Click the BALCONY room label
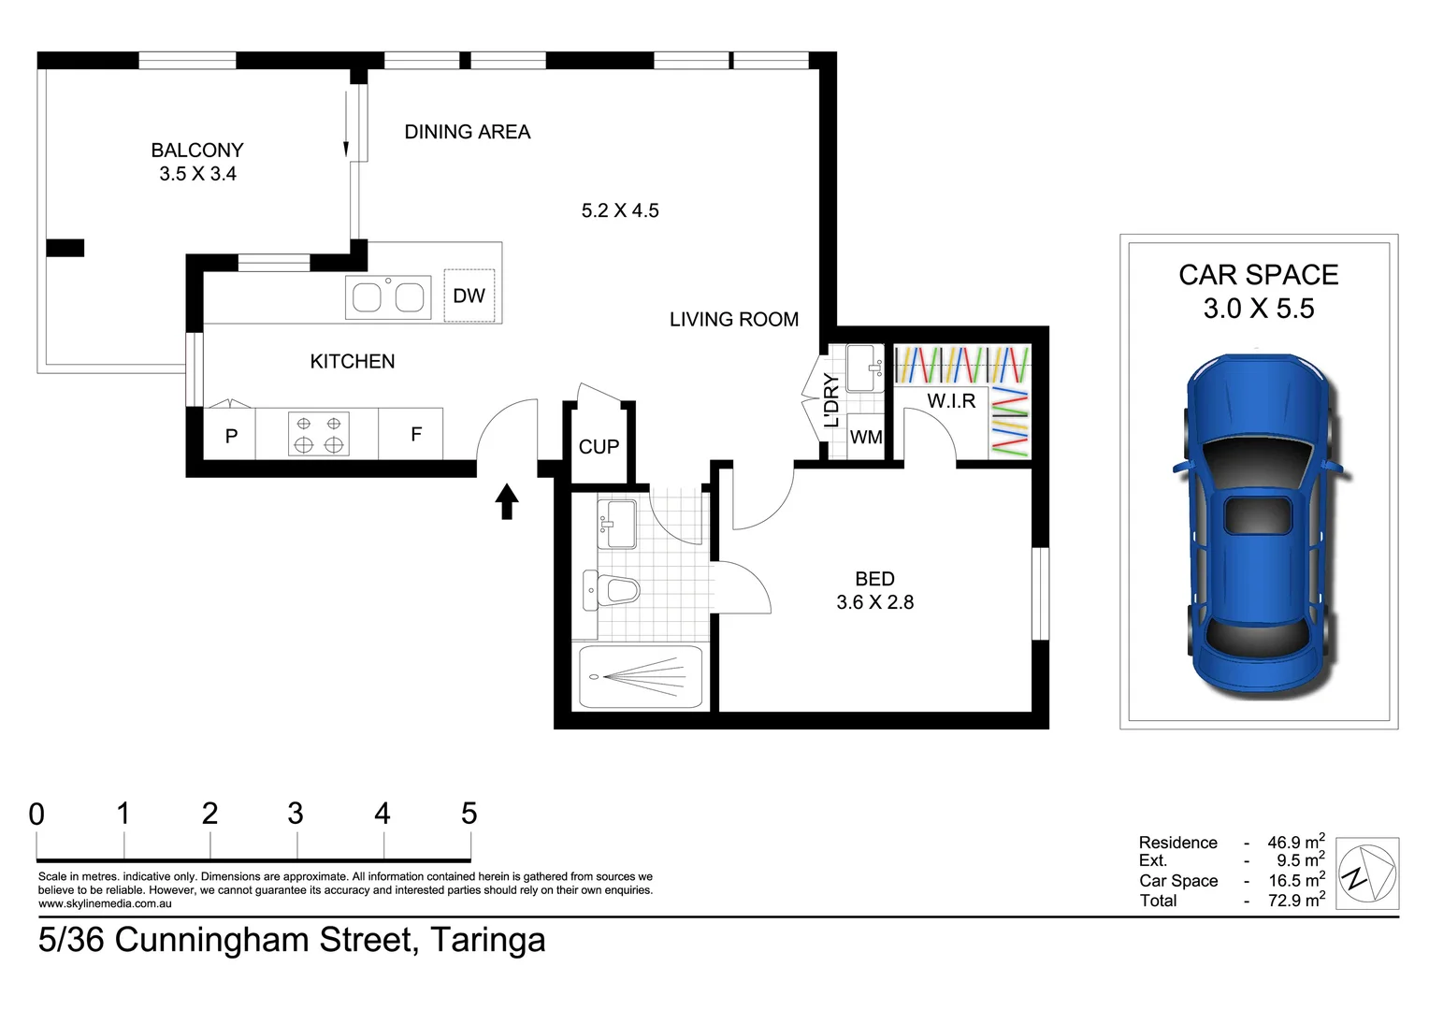pyautogui.click(x=197, y=150)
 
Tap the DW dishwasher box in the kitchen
pyautogui.click(x=469, y=296)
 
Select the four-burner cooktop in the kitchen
pyautogui.click(x=318, y=434)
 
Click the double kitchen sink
pyautogui.click(x=387, y=297)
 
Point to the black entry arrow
pyautogui.click(x=506, y=501)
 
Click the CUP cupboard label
pyautogui.click(x=599, y=447)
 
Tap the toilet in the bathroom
pyautogui.click(x=615, y=590)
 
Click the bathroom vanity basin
pyautogui.click(x=616, y=523)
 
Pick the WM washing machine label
pyautogui.click(x=866, y=437)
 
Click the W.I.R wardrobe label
pyautogui.click(x=951, y=401)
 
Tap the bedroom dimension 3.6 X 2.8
pyautogui.click(x=874, y=602)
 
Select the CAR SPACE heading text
pyautogui.click(x=1258, y=275)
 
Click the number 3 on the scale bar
pyautogui.click(x=296, y=814)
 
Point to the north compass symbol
pyautogui.click(x=1367, y=873)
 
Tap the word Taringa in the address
pyautogui.click(x=487, y=940)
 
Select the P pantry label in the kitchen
pyautogui.click(x=231, y=436)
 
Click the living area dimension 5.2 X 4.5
pyautogui.click(x=620, y=210)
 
